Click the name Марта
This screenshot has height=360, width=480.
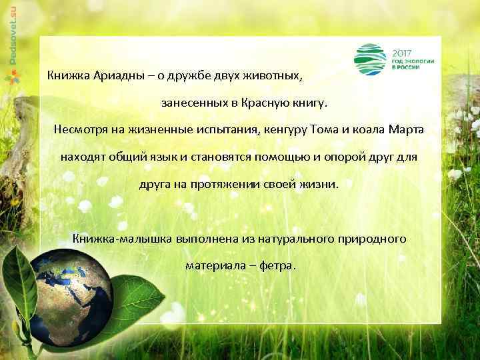[409, 129]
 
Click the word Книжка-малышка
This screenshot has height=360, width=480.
[120, 238]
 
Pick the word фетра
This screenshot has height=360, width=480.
[277, 265]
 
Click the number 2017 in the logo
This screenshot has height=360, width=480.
[402, 51]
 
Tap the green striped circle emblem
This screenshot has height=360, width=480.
[369, 59]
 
